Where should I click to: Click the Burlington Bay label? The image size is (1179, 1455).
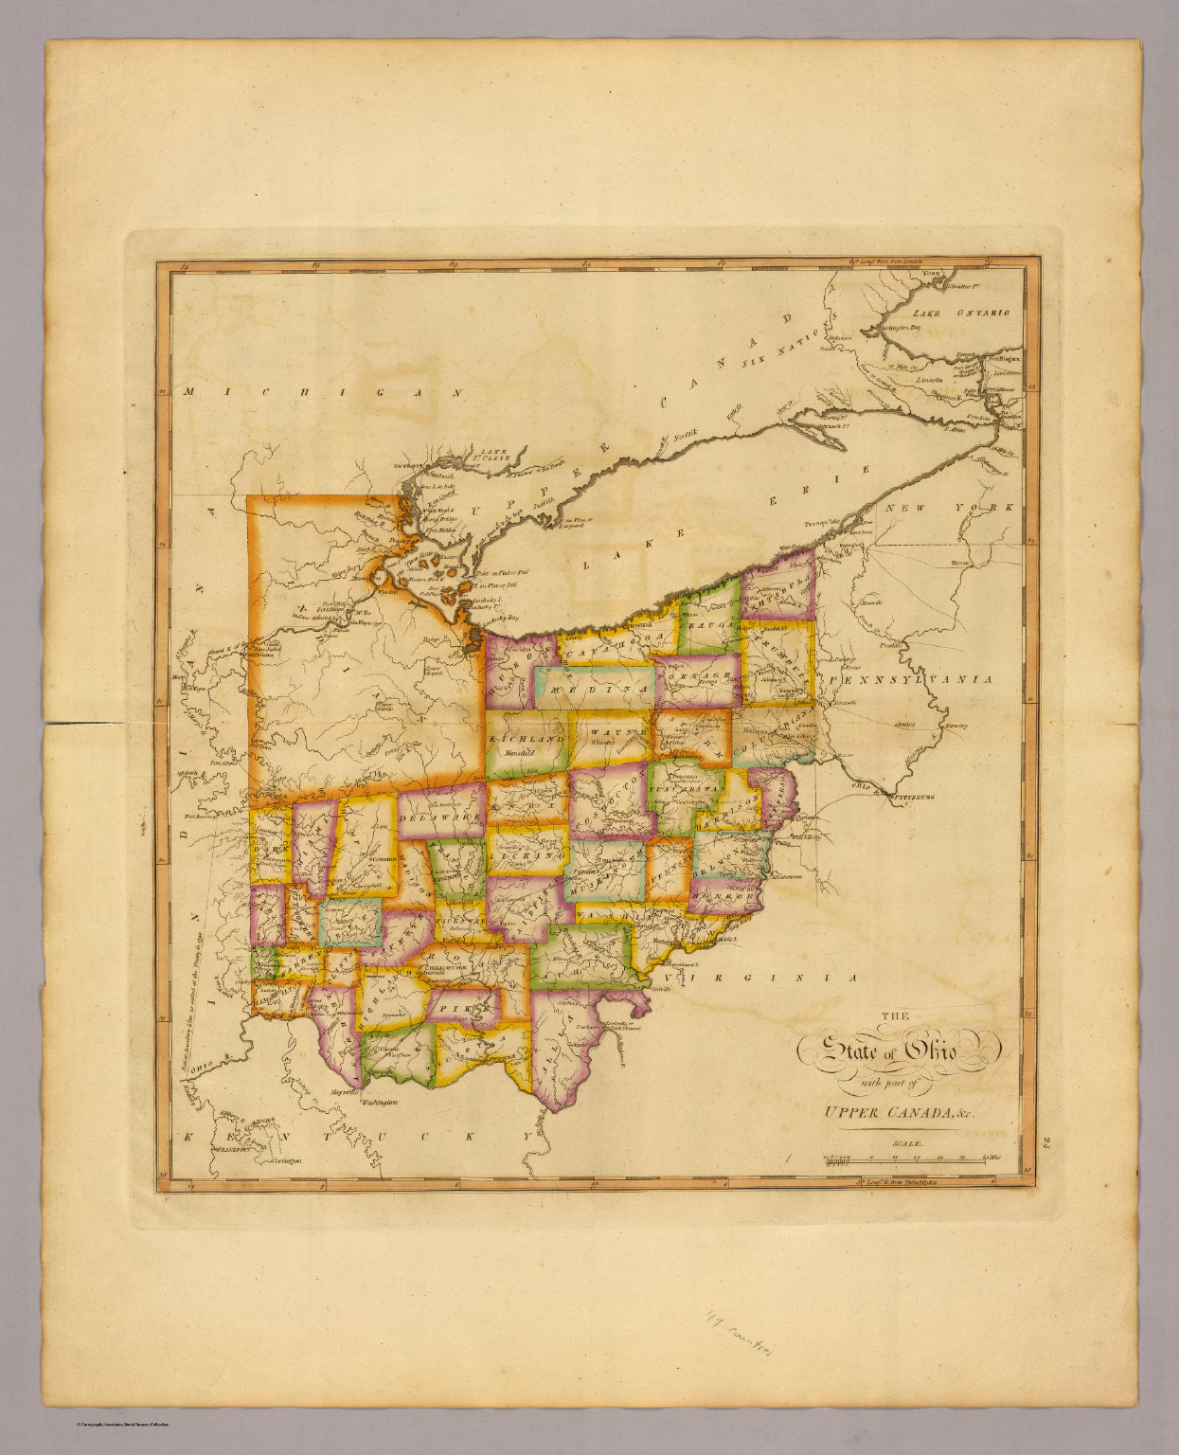(897, 328)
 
